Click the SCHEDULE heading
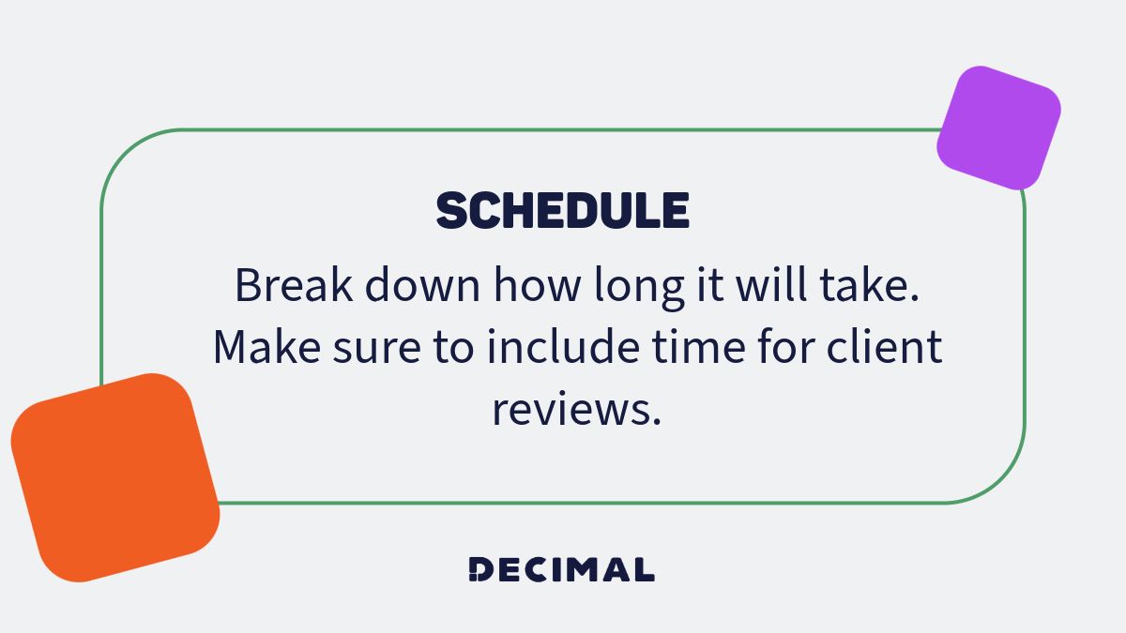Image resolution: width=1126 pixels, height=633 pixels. pyautogui.click(x=563, y=211)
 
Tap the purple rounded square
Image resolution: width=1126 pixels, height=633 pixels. pyautogui.click(x=998, y=128)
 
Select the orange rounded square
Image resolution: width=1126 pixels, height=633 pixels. pyautogui.click(x=114, y=477)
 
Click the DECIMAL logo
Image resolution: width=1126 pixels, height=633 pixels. pyautogui.click(x=561, y=569)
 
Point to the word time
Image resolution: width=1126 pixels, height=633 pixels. pyautogui.click(x=693, y=348)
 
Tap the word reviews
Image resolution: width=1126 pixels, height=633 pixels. pyautogui.click(x=576, y=411)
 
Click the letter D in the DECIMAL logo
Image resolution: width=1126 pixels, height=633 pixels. pyautogui.click(x=479, y=569)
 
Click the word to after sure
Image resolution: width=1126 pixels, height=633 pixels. pyautogui.click(x=452, y=349)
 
